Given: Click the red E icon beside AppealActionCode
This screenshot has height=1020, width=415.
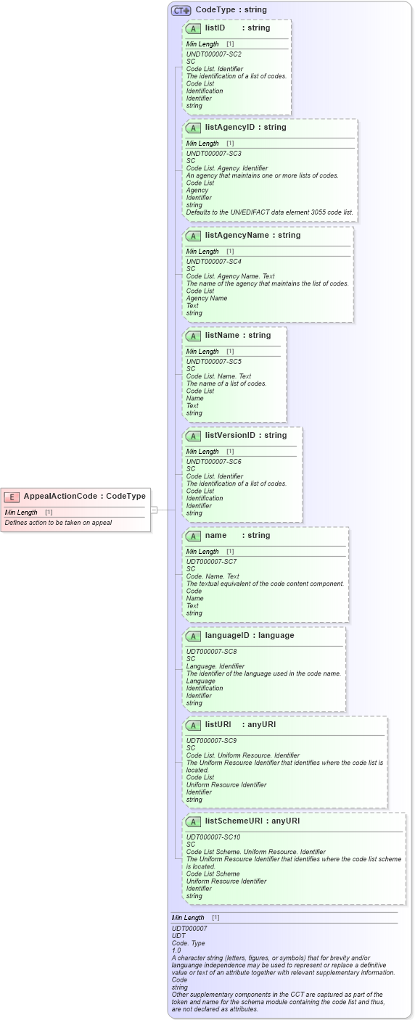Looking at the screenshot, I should point(12,497).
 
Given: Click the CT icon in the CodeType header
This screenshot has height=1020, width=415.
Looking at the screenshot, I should point(181,10).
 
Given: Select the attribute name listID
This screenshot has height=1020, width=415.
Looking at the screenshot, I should point(215,28).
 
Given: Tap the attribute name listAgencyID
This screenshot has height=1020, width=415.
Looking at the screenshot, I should point(231,127).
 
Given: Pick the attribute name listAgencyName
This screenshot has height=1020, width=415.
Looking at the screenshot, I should point(237,235).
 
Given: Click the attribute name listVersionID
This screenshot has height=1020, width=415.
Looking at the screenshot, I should point(230,435).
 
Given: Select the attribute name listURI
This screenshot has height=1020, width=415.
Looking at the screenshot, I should point(218,724).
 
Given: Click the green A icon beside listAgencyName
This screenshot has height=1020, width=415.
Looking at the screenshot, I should point(193,236).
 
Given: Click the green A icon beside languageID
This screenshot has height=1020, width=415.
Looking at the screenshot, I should point(193,636).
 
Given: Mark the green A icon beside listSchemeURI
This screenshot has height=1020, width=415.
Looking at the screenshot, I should point(193,821).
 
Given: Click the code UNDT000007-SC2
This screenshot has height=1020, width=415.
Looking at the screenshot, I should point(214,54).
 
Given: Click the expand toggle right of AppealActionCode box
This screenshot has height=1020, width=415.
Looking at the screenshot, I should point(154,510).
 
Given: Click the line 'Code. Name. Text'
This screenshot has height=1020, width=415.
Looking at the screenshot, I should point(213,576).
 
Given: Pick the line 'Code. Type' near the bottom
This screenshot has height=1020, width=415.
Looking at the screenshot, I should point(188,942).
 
